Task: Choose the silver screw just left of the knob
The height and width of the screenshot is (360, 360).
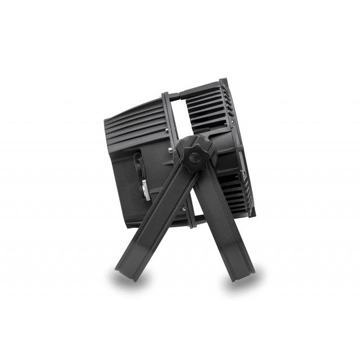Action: [x=170, y=150]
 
